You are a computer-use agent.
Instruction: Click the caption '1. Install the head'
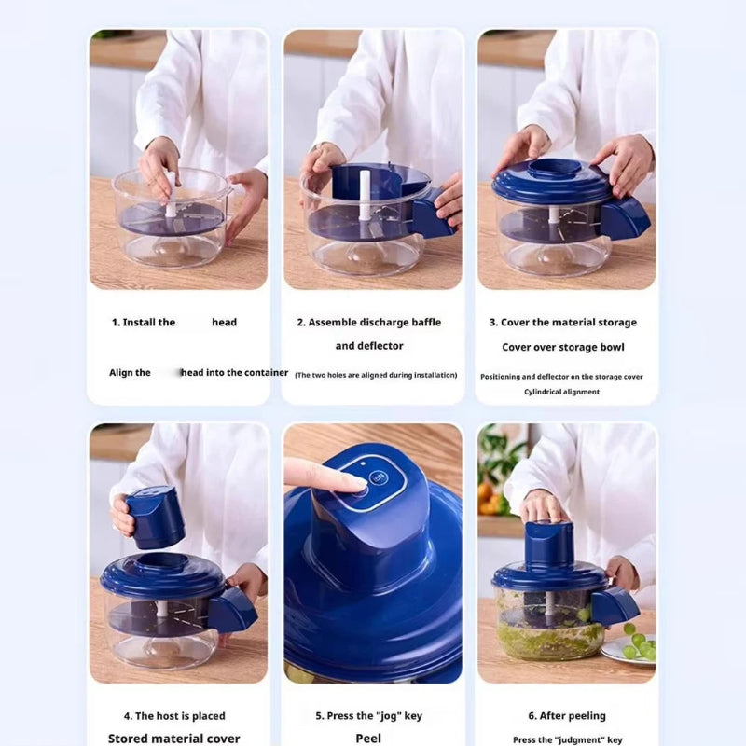(174, 323)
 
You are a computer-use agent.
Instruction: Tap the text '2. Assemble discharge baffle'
(369, 323)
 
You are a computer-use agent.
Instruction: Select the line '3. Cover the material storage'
(562, 323)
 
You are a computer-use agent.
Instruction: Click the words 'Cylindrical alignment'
(562, 392)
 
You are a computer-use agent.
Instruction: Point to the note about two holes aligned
(376, 375)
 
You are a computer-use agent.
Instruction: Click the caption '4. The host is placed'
(174, 716)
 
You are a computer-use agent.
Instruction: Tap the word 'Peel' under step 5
(369, 738)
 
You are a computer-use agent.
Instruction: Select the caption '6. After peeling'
(567, 716)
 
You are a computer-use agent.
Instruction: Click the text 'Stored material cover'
(174, 739)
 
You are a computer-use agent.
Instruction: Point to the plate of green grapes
(634, 645)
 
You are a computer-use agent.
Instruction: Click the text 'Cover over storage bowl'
(562, 347)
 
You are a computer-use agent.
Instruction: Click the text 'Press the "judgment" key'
(567, 739)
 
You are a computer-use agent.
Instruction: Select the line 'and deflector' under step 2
(369, 346)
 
